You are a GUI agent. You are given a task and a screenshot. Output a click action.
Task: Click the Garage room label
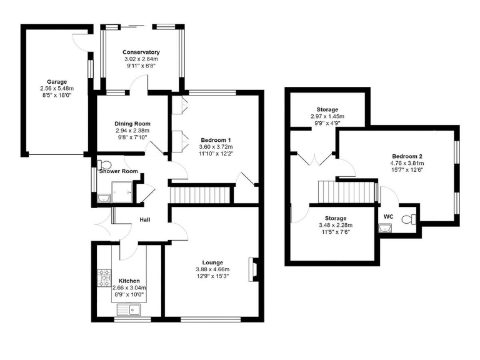[x=56, y=81]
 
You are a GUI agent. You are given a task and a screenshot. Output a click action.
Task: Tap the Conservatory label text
[x=141, y=52]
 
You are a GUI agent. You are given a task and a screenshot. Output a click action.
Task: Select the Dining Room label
[x=132, y=124]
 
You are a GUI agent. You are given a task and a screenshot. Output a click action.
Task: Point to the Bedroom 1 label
[x=216, y=139]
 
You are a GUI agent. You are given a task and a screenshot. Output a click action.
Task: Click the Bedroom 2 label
[x=407, y=156]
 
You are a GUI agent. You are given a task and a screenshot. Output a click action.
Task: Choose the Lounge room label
[x=213, y=262]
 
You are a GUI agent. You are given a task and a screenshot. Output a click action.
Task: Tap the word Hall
[x=145, y=219]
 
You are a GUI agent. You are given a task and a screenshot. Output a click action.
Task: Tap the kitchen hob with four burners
[x=103, y=279]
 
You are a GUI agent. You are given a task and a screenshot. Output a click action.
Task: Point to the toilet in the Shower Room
[x=101, y=165]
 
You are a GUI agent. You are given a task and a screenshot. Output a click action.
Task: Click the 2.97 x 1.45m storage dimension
[x=327, y=117]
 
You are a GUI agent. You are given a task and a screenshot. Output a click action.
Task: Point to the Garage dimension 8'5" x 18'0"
[x=56, y=96]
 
